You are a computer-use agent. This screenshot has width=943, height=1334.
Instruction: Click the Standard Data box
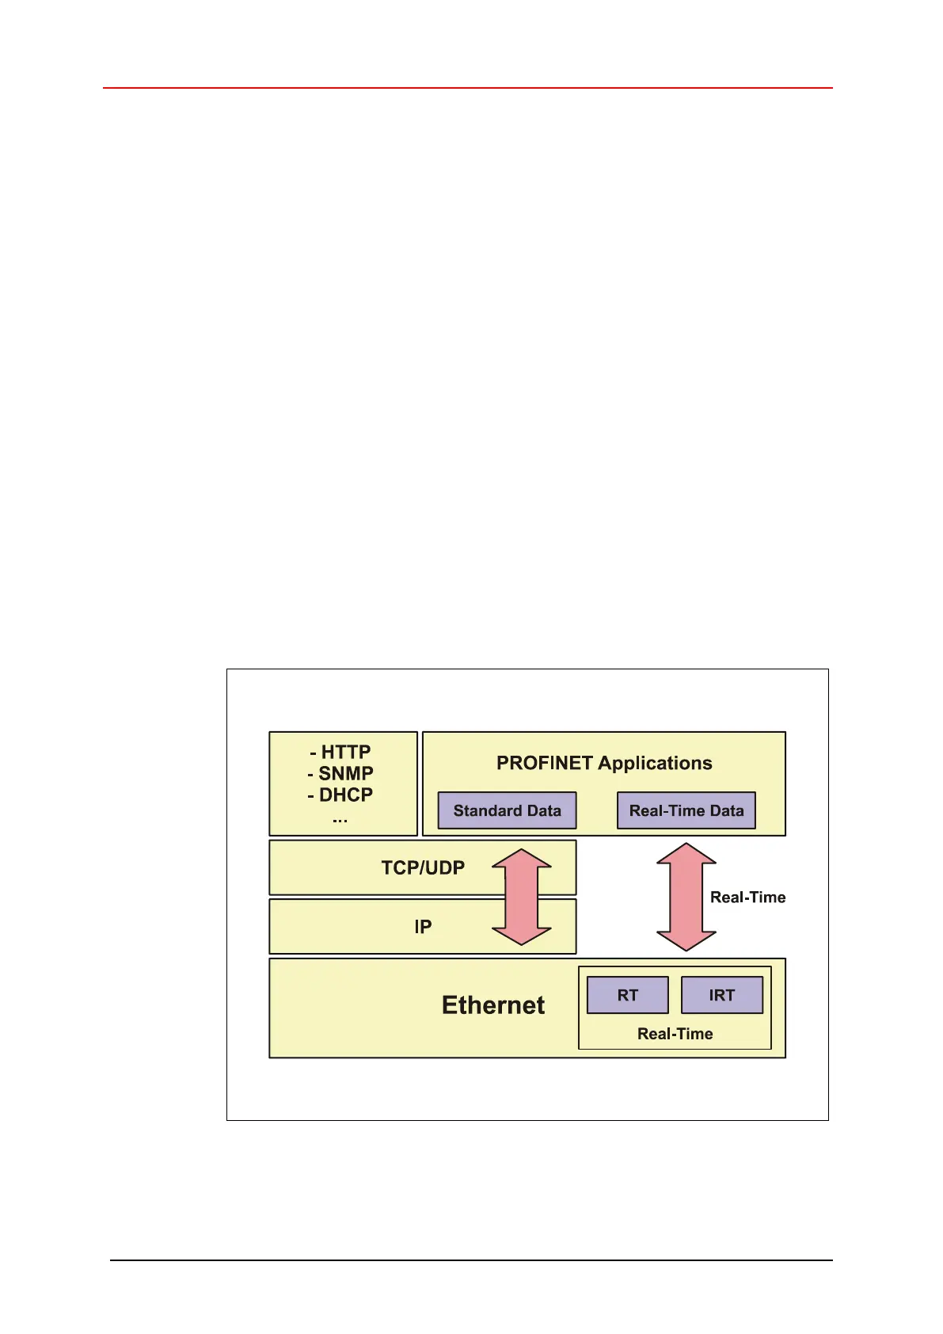tap(507, 810)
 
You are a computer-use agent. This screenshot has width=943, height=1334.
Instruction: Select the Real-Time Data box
tap(686, 810)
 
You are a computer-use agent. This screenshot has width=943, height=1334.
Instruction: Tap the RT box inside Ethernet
tap(627, 995)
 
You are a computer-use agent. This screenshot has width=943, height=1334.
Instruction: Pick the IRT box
tap(721, 995)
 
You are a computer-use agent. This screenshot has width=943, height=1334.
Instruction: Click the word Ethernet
tap(493, 1005)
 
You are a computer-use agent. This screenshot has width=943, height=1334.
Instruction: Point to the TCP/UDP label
tap(423, 867)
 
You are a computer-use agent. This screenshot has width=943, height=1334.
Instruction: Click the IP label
tap(423, 927)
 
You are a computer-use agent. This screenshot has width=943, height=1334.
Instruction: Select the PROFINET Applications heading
tap(604, 763)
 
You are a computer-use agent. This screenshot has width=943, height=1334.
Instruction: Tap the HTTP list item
tap(341, 752)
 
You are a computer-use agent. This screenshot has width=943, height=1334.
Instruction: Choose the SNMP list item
tap(341, 773)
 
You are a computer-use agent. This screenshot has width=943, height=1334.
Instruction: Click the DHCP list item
tap(341, 795)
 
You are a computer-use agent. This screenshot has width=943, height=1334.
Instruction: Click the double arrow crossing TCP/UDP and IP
tap(522, 897)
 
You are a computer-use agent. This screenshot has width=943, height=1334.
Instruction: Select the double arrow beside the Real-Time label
tap(686, 897)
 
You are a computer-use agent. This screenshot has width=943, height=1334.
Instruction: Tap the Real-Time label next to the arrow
tap(747, 898)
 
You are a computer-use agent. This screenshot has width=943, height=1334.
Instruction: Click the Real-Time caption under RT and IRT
tap(675, 1034)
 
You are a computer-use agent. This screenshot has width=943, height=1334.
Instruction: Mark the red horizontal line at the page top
tap(467, 88)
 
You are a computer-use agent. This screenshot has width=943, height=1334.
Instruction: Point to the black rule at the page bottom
tap(471, 1260)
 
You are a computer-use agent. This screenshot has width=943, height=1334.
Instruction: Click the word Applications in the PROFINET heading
tap(655, 763)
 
